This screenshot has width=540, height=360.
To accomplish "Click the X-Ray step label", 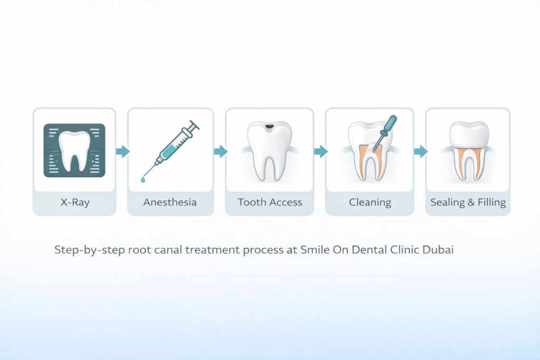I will [74, 202].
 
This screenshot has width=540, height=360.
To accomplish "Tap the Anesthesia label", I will [170, 202].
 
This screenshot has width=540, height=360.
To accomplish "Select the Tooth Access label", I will [269, 202].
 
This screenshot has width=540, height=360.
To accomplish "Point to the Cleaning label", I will [370, 202].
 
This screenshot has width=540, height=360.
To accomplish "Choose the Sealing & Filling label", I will [468, 202].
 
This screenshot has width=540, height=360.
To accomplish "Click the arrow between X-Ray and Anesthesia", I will [122, 152].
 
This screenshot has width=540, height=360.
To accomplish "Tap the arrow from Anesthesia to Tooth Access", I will [220, 152].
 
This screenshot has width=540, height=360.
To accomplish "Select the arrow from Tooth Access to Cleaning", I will [320, 152].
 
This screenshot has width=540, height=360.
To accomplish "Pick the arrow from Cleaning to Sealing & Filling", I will [420, 152].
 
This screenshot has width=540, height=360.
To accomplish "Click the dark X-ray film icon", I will [74, 150].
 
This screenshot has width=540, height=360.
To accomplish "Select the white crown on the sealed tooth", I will [468, 133].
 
